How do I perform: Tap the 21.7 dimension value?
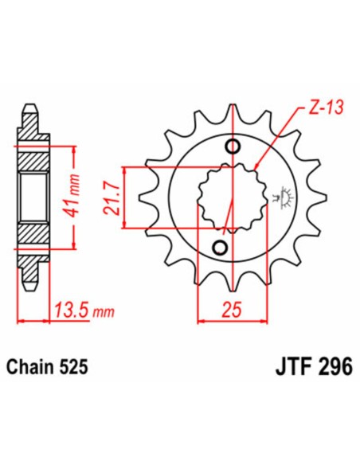(112, 198)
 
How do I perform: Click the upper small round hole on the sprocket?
(233, 147)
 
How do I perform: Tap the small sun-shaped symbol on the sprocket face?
(280, 196)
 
